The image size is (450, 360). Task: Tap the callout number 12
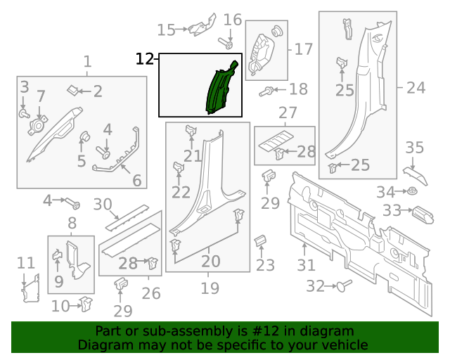click(144, 58)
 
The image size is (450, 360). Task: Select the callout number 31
click(305, 266)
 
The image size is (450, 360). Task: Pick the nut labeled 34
click(412, 191)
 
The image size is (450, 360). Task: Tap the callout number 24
click(416, 88)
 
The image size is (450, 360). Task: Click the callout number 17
click(303, 49)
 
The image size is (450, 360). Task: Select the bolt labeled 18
click(267, 91)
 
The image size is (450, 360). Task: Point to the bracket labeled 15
click(200, 28)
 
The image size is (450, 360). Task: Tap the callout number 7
click(41, 96)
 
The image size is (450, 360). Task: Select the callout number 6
click(136, 181)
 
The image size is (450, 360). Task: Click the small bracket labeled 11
click(30, 289)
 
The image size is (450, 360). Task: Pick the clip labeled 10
click(86, 304)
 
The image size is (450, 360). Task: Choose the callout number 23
click(265, 265)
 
